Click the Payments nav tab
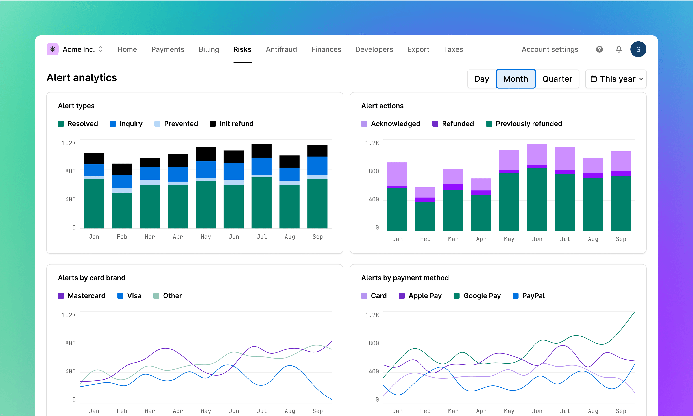pos(168,49)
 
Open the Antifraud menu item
pos(281,49)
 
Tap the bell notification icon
pos(619,49)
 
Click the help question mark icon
pos(599,49)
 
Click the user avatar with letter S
pos(638,49)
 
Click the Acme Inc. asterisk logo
pos(52,49)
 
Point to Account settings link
pos(550,49)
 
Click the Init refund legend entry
pos(232,124)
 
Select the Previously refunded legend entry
pos(524,124)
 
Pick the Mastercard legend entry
pos(82,296)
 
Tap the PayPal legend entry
pos(529,296)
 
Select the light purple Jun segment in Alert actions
pos(537,154)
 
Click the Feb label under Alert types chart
pos(122,237)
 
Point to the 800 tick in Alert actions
pos(374,171)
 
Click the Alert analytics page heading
pos(82,78)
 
